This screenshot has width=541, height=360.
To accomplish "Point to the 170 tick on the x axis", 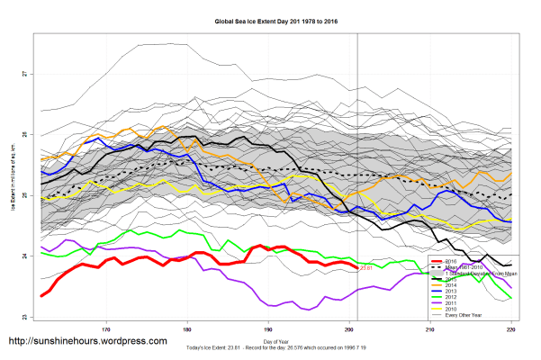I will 107,329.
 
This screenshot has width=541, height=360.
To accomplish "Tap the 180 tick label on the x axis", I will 187,329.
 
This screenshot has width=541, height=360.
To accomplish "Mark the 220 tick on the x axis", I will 510,329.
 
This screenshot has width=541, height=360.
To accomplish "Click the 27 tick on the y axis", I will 25,73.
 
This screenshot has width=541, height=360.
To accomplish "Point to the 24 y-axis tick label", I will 25,256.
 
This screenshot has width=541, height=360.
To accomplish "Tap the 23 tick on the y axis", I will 25,316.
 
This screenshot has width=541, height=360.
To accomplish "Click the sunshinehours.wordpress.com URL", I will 87,342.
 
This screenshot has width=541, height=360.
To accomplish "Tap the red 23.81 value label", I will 365,268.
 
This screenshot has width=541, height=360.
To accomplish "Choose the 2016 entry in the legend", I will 461,261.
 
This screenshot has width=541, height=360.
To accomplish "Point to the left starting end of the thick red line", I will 41,295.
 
